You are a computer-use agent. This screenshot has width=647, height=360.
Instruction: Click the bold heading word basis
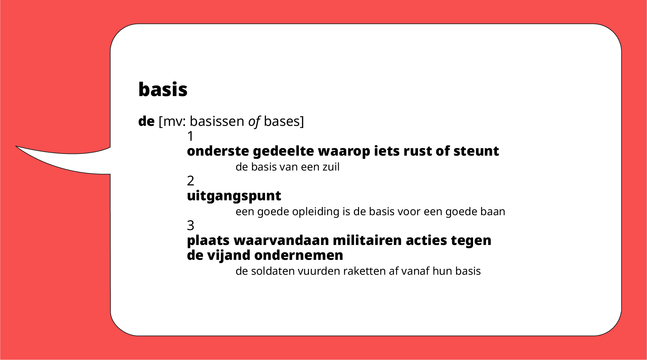pos(163,90)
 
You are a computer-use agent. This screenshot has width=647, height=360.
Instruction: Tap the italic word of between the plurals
pos(254,121)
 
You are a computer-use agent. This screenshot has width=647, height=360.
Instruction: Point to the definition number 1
pos(191,136)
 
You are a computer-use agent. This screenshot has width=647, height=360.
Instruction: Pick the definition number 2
pos(191,181)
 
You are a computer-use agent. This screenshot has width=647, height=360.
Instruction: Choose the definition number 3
pos(191,225)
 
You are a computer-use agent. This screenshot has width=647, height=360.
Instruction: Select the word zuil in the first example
pos(331,167)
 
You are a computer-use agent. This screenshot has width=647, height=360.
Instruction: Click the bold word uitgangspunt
pos(234,196)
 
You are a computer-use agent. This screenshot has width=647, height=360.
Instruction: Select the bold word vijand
pos(229,255)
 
